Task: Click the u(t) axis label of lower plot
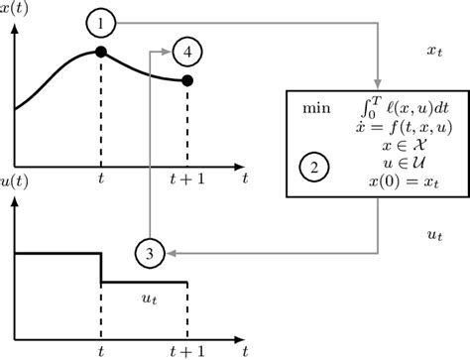[18, 206]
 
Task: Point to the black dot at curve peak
[101, 53]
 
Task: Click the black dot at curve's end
[187, 80]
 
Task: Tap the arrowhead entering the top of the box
[377, 84]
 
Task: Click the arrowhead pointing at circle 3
[169, 255]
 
